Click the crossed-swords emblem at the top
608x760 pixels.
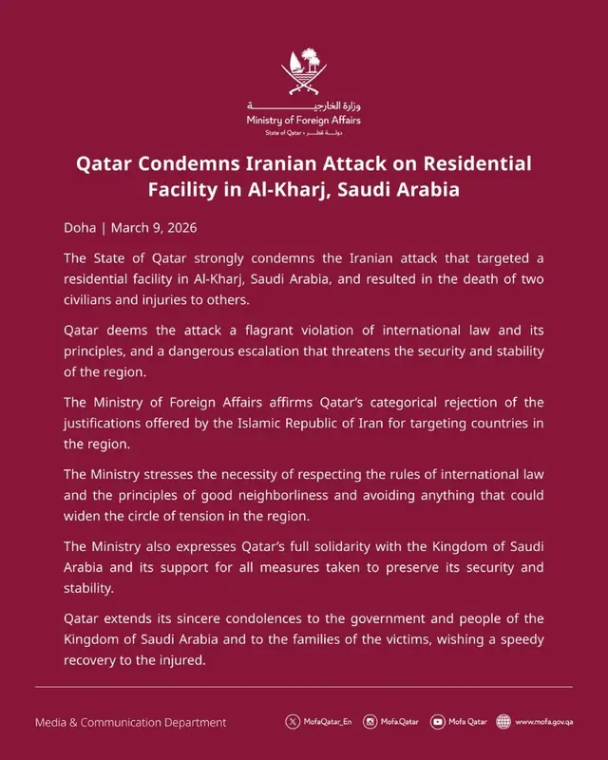pyautogui.click(x=304, y=71)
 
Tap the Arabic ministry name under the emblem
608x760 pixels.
pyautogui.click(x=304, y=106)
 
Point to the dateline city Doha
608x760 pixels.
pyautogui.click(x=79, y=229)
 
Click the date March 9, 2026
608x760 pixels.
pyautogui.click(x=154, y=229)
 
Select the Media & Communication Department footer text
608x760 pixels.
pyautogui.click(x=131, y=722)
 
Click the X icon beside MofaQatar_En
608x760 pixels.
pyautogui.click(x=292, y=722)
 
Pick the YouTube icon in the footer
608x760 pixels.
pyautogui.click(x=437, y=722)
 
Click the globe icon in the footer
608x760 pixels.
pyautogui.click(x=503, y=722)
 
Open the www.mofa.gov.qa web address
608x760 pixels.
pyautogui.click(x=544, y=722)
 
